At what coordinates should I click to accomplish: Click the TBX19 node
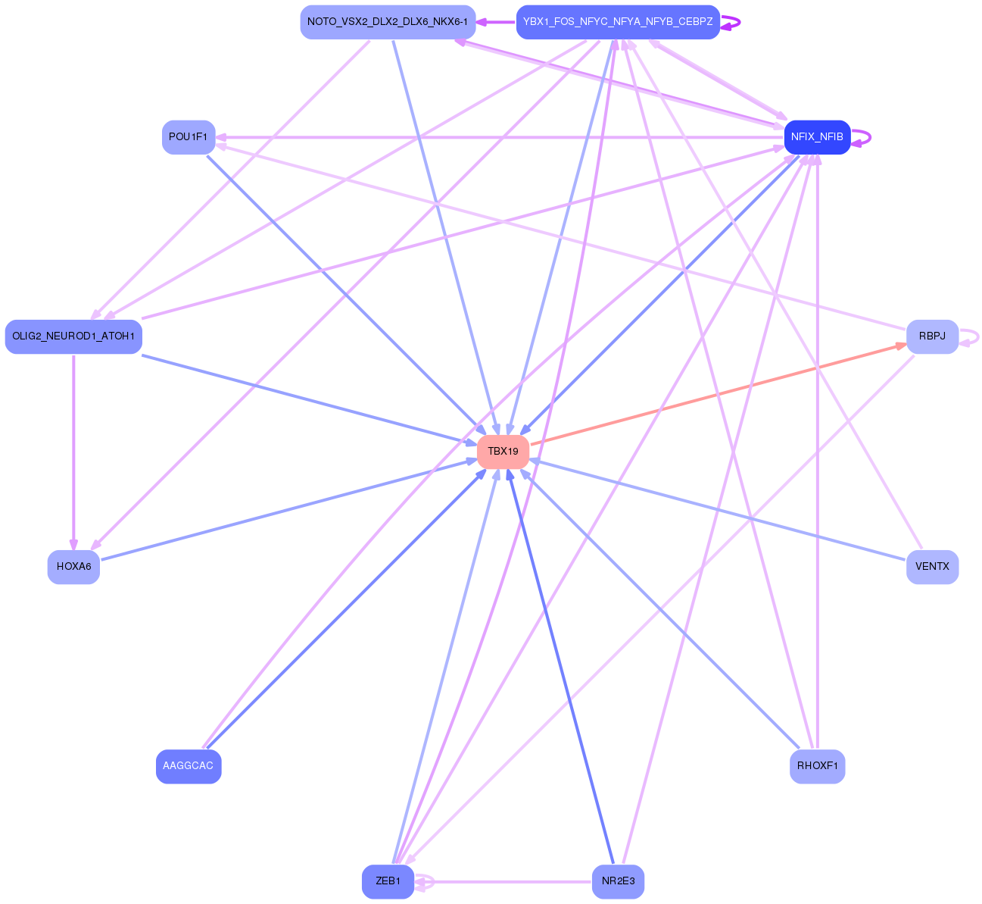(x=503, y=452)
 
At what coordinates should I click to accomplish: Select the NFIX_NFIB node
(x=817, y=137)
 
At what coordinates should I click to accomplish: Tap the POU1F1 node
(x=189, y=137)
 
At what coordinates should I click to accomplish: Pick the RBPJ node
(x=932, y=336)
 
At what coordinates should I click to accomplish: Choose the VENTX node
(x=932, y=567)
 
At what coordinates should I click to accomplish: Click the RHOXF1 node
(x=817, y=766)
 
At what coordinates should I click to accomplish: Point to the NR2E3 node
(x=618, y=881)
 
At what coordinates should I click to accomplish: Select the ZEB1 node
(x=388, y=881)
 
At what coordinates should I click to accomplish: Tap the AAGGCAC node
(x=189, y=766)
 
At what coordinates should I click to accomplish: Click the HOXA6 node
(x=73, y=567)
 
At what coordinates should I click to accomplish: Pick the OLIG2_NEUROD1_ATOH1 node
(x=73, y=336)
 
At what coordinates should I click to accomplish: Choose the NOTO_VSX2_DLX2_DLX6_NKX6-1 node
(x=388, y=22)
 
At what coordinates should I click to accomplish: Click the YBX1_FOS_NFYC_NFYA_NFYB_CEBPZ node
(x=618, y=22)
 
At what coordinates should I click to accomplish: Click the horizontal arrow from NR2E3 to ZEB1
(x=507, y=882)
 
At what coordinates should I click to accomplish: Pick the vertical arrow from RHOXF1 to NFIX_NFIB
(x=818, y=455)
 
